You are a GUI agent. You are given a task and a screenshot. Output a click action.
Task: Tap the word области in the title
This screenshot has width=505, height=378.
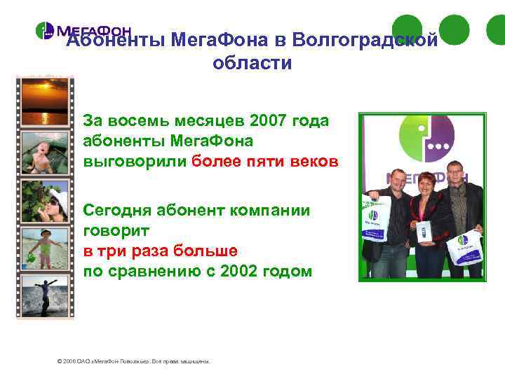[251, 63]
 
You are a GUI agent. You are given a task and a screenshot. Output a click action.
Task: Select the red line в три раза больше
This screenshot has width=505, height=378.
[160, 251]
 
